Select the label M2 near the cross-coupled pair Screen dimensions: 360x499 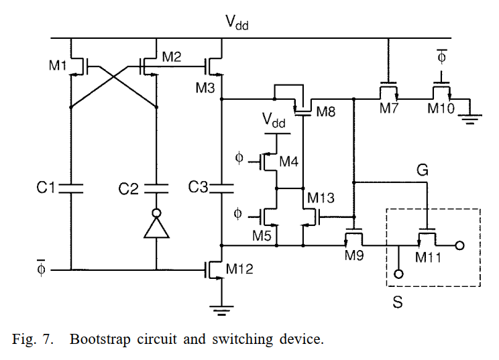[172, 58]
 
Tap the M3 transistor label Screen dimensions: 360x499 [205, 87]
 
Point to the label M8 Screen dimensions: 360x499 [325, 111]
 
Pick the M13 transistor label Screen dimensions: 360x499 [321, 198]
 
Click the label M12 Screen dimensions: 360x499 [240, 269]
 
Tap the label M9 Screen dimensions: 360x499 [355, 255]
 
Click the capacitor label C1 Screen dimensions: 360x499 [46, 188]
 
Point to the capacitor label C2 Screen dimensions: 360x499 [127, 189]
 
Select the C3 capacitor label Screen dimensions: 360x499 [199, 188]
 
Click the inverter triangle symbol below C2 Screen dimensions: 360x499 [156, 230]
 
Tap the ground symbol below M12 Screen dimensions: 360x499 [221, 309]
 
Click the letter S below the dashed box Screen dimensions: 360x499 [397, 302]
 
